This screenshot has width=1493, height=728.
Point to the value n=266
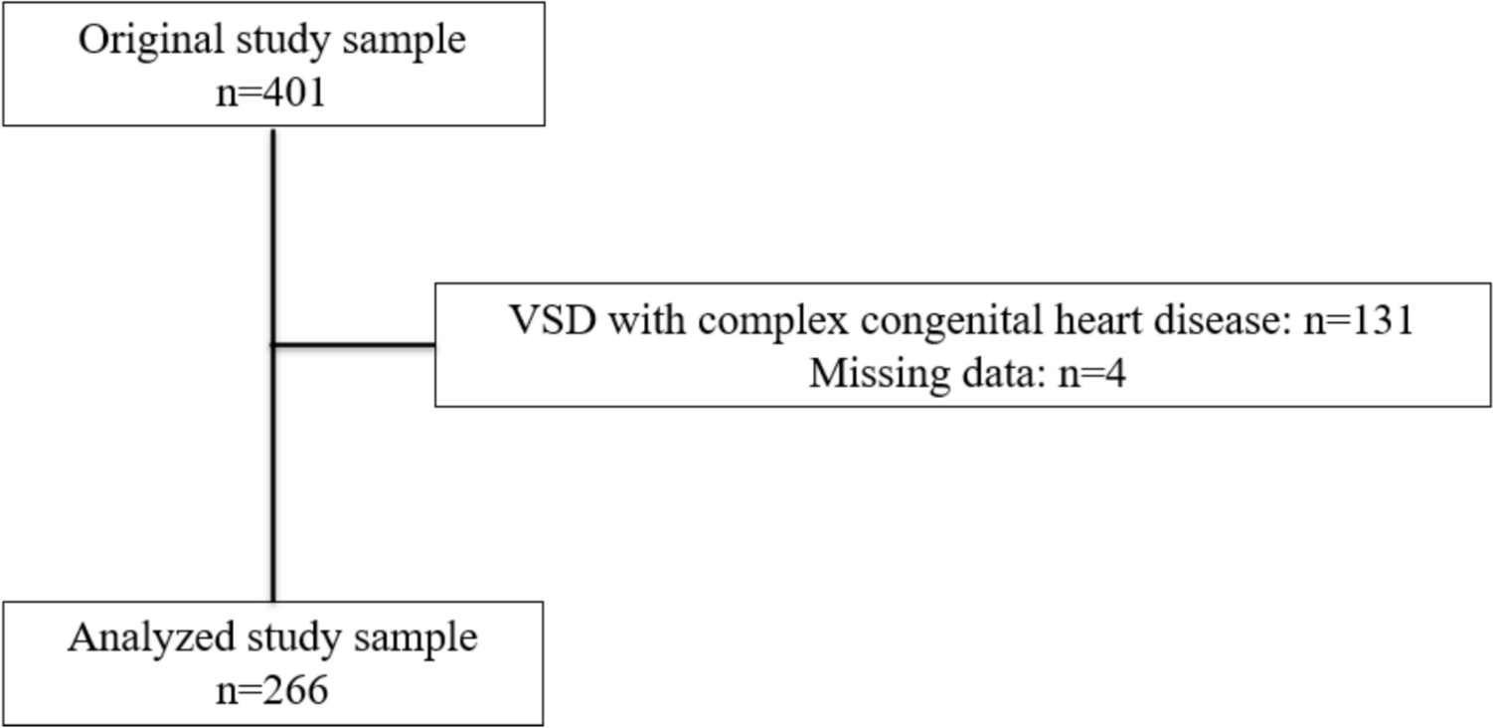271,689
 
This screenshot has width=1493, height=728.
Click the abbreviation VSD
548,320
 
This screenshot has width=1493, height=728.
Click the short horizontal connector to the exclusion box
354,345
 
